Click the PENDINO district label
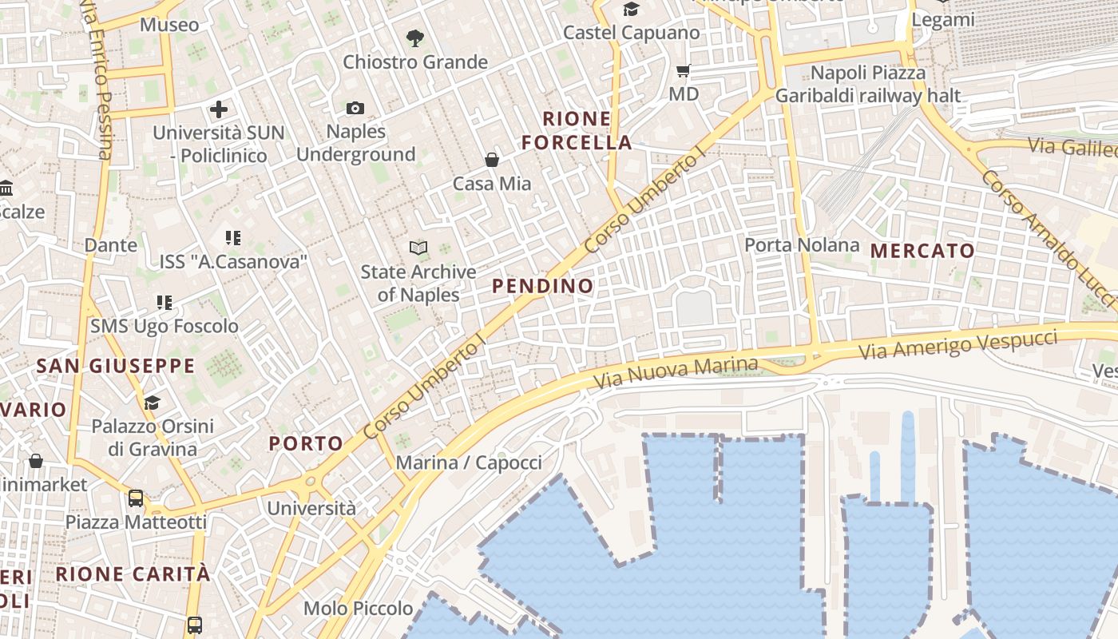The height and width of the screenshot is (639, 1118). click(543, 286)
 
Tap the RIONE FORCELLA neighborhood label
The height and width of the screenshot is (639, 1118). click(577, 131)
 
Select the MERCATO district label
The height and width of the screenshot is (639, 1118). click(922, 251)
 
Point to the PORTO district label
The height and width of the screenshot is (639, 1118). click(306, 443)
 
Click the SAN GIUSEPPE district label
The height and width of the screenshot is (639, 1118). click(116, 367)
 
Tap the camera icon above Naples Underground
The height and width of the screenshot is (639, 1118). click(355, 108)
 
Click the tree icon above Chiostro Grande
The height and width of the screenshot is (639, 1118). click(414, 38)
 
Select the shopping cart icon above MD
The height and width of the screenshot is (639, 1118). click(683, 71)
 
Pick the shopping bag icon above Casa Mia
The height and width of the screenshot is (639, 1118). click(492, 160)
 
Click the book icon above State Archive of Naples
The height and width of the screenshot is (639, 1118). click(418, 248)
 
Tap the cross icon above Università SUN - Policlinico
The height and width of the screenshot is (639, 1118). click(219, 109)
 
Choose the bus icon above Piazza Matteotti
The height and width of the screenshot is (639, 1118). click(136, 498)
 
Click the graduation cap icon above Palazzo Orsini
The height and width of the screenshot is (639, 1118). click(153, 403)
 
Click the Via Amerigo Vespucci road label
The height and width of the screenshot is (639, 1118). click(957, 345)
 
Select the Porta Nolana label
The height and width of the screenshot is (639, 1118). click(802, 245)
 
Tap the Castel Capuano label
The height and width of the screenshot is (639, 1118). click(631, 33)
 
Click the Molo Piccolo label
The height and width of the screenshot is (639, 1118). click(358, 609)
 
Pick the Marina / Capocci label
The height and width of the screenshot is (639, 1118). click(469, 462)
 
